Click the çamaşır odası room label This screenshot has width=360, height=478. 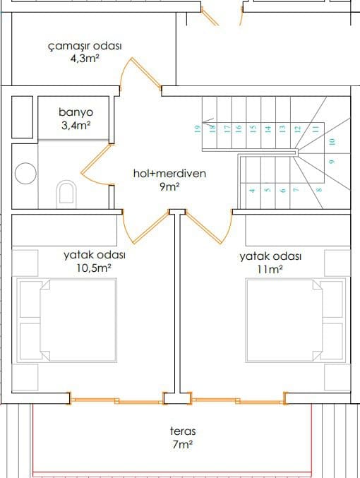tap(85, 46)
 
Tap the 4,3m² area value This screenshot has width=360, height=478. tap(85, 58)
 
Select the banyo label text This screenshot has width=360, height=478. tap(76, 112)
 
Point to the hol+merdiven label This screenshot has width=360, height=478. tap(169, 174)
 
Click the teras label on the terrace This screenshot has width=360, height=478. tap(183, 431)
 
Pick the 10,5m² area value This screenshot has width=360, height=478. tap(93, 268)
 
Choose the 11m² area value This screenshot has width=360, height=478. tap(270, 270)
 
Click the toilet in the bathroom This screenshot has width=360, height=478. tap(66, 194)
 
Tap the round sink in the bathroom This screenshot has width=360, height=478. tap(25, 174)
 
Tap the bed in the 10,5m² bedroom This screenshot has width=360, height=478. tap(67, 320)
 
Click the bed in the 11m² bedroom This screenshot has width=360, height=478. tap(295, 320)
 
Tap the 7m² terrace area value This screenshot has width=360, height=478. tap(182, 444)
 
